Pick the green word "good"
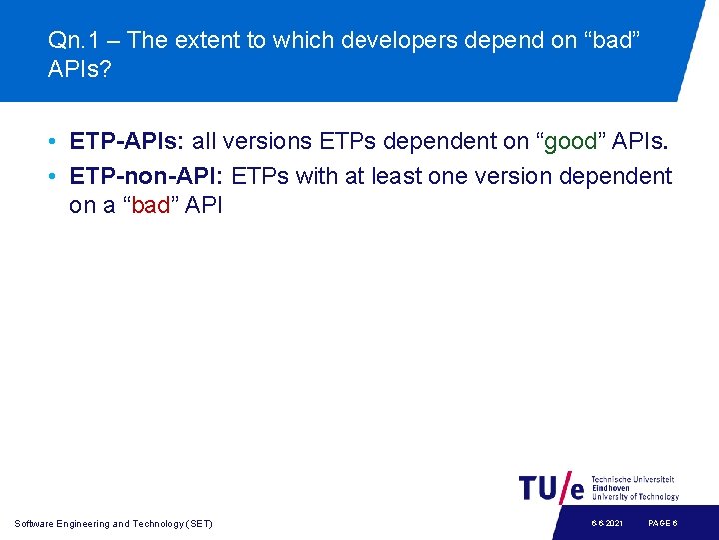[x=570, y=142]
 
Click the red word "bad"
[x=151, y=206]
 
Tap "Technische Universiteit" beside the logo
[x=633, y=480]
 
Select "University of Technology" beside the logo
[x=635, y=496]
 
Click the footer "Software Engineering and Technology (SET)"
[x=114, y=524]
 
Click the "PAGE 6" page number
[x=663, y=524]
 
